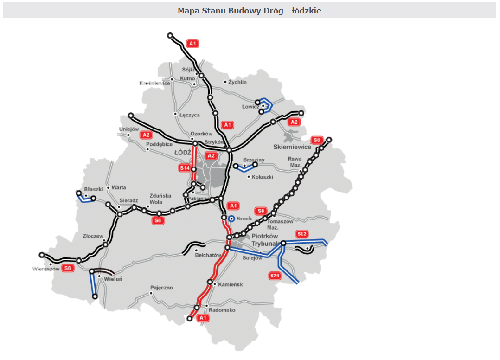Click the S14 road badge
tap(185, 168)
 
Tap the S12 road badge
tap(302, 234)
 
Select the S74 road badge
tap(275, 276)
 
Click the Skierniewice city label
tap(292, 147)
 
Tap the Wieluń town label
tap(113, 279)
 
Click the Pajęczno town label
tap(161, 288)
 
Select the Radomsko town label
tap(222, 310)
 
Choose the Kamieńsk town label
tap(230, 284)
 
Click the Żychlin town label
tap(237, 82)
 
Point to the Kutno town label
tap(187, 78)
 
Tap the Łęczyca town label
tap(189, 114)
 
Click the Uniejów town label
tap(129, 129)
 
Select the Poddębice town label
tap(159, 144)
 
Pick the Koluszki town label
tap(263, 177)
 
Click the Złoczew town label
tap(93, 236)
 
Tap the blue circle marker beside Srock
tap(231, 219)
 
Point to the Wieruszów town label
tap(46, 269)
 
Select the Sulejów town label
tap(253, 258)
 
